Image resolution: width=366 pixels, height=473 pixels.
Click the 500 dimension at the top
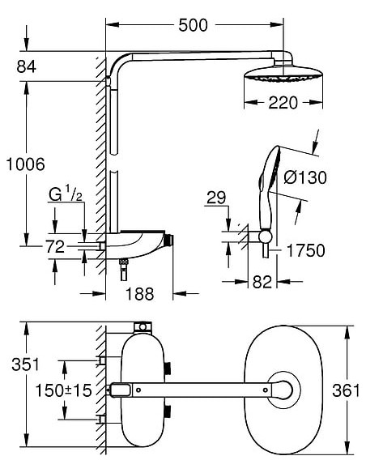pos(193,25)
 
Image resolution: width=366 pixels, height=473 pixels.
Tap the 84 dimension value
pos(26,66)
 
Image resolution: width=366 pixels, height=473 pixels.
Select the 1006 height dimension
pos(26,164)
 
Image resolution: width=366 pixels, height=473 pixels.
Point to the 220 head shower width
pos(283,103)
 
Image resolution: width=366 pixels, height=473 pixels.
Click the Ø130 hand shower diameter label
pos(305,177)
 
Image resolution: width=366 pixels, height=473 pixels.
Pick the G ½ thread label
pos(66,194)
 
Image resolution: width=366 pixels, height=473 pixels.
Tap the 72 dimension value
pos(55,247)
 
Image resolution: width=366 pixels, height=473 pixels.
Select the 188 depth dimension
pos(139,294)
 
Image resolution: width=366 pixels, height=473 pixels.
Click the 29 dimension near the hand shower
pos(216,198)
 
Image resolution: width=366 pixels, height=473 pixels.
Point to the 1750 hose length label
pos(306,251)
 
